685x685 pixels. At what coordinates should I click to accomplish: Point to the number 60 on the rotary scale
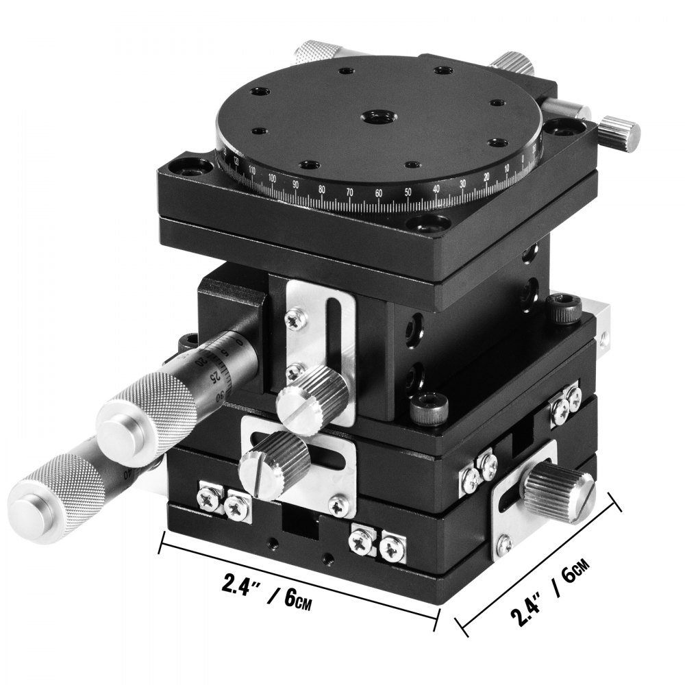coord(379,194)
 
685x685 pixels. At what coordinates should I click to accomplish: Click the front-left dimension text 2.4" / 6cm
coord(266,586)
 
